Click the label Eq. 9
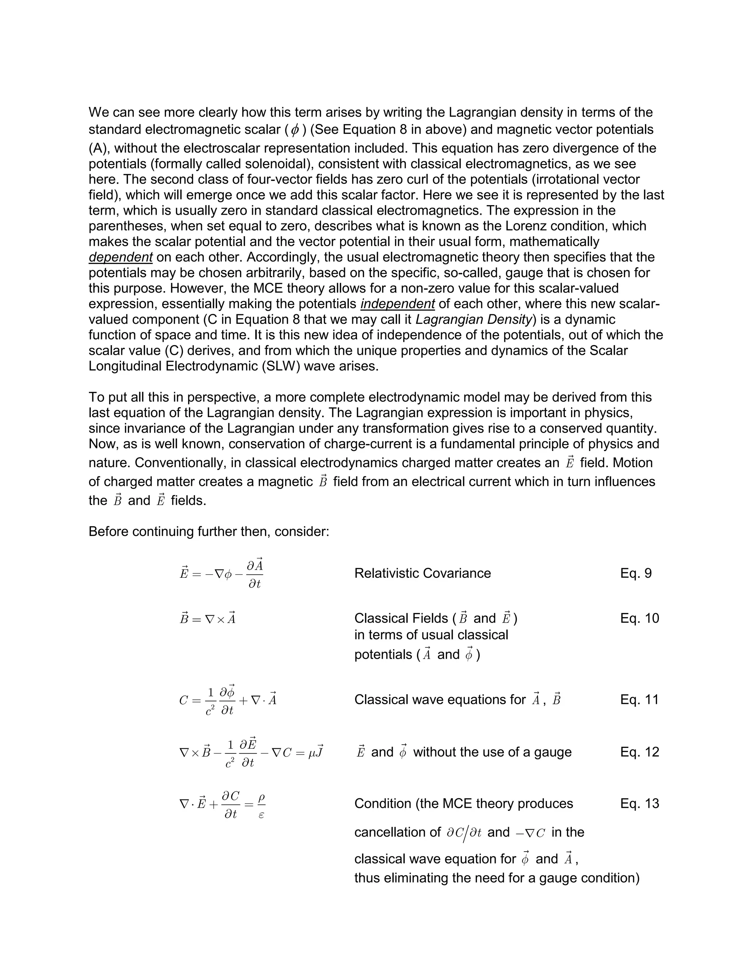pos(636,573)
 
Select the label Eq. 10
pos(639,618)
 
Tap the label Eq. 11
pos(639,699)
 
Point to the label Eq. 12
pos(639,752)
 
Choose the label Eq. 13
pos(639,803)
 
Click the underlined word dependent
pos(121,257)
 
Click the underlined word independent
pos(397,304)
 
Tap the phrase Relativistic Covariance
pos(422,573)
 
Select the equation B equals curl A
pos(207,619)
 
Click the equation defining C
pos(228,700)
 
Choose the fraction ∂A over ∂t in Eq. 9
pos(255,573)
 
